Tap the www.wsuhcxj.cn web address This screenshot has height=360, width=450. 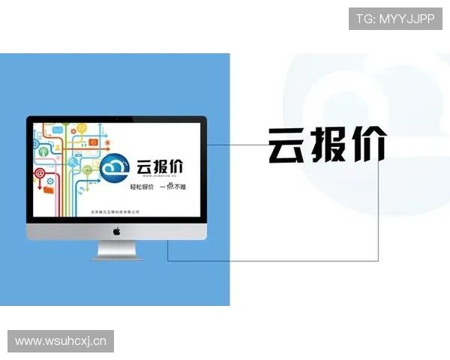(61, 342)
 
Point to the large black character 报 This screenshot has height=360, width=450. (328, 145)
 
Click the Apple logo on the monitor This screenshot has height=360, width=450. (116, 232)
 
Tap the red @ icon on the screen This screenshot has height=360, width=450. (40, 172)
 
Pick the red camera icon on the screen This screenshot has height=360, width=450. (93, 141)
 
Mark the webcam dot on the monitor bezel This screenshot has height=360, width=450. (116, 119)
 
